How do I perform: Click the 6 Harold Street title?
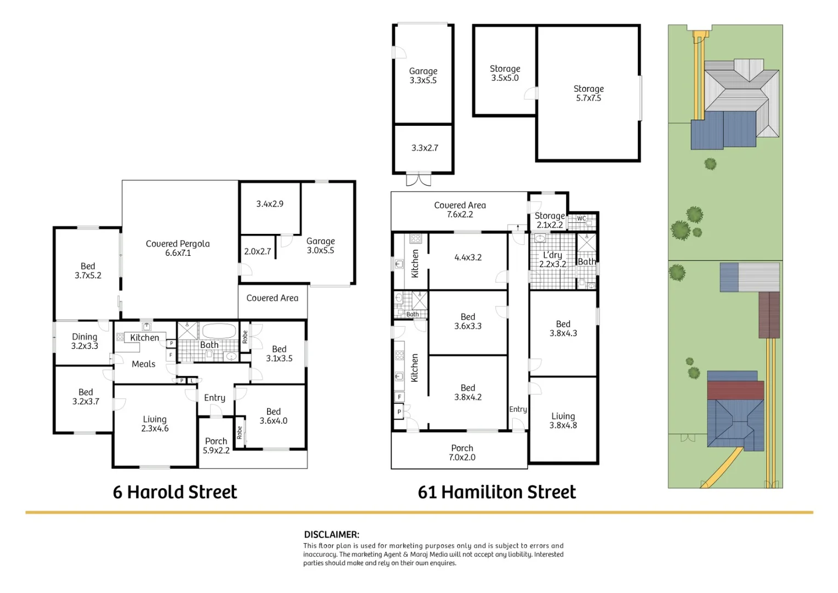[175, 492]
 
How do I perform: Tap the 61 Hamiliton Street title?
[497, 492]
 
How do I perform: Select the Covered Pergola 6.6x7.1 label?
[178, 248]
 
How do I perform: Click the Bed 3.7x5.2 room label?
[88, 271]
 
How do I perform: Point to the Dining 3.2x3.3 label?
[84, 341]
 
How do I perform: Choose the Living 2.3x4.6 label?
[155, 424]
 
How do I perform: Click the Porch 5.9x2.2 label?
[216, 445]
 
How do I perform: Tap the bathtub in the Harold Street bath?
[219, 331]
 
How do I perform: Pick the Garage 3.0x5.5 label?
[320, 245]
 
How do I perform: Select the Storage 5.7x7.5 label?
[588, 93]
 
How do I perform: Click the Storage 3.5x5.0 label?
[505, 73]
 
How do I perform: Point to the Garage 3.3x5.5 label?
[423, 75]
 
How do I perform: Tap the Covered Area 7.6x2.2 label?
[460, 210]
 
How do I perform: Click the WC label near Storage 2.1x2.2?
[581, 219]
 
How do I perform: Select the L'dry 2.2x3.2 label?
[552, 259]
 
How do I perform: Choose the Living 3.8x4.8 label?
[563, 421]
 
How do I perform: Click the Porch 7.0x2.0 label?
[462, 452]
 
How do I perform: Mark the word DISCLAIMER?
[331, 534]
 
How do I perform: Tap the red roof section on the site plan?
[735, 390]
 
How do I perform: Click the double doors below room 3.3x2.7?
[418, 180]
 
